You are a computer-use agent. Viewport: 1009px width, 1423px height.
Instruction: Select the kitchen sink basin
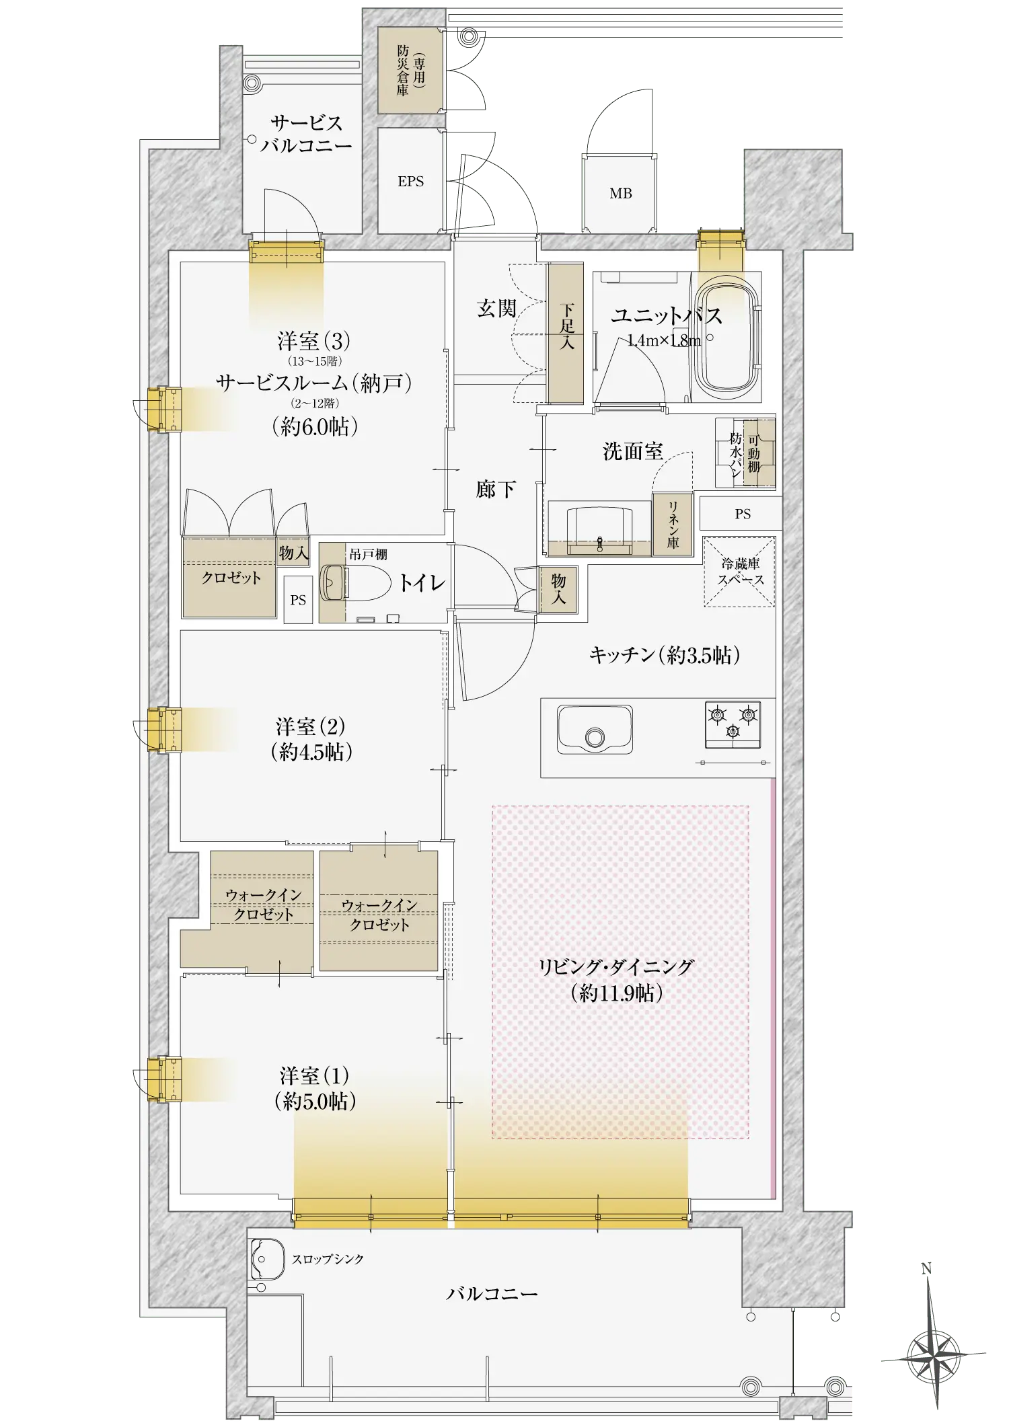[x=595, y=730]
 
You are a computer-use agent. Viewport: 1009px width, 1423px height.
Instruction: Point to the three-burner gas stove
[x=733, y=724]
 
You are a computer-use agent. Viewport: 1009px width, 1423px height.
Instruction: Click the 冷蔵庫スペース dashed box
[x=739, y=572]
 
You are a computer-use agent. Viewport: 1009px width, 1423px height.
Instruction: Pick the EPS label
[x=411, y=182]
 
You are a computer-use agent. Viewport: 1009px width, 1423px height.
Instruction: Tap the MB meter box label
[x=620, y=194]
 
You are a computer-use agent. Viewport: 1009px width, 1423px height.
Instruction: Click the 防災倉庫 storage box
[x=410, y=70]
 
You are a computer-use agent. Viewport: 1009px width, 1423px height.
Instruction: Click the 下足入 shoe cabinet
[x=566, y=333]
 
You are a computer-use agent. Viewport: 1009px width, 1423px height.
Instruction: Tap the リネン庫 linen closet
[x=673, y=525]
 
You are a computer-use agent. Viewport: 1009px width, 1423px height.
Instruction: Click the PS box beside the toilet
[x=298, y=600]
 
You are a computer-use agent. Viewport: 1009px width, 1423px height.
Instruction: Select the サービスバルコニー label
[x=307, y=134]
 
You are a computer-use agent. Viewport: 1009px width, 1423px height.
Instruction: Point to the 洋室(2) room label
[x=311, y=738]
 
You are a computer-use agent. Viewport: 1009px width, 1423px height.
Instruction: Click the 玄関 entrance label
[x=496, y=309]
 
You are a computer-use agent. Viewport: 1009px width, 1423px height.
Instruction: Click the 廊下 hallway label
[x=496, y=489]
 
